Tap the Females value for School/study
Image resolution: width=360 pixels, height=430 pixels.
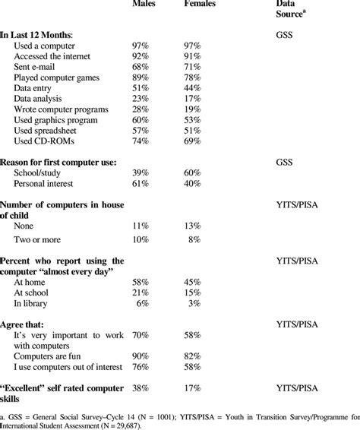pyautogui.click(x=191, y=173)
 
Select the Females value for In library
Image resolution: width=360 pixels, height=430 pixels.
pyautogui.click(x=194, y=304)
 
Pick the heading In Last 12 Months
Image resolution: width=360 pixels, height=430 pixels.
pyautogui.click(x=42, y=35)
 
